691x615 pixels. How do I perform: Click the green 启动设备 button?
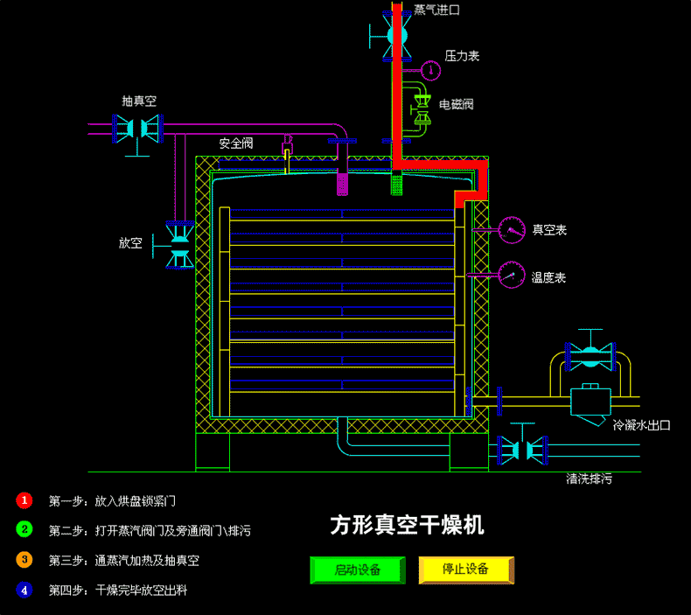[x=358, y=570]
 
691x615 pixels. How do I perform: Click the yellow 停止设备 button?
[x=465, y=570]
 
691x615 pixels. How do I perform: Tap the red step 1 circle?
[x=24, y=500]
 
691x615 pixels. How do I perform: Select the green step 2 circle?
[x=24, y=529]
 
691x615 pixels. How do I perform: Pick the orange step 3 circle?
[x=24, y=559]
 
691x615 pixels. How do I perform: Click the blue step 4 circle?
[x=24, y=590]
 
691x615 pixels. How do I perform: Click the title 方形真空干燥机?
[x=407, y=525]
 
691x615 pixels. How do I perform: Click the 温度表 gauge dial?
[x=509, y=276]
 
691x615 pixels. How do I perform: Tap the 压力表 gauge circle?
[x=431, y=69]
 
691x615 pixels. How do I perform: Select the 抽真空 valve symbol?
[x=138, y=129]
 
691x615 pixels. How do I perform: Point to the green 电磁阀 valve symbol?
[x=423, y=107]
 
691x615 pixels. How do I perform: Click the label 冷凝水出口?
[x=641, y=425]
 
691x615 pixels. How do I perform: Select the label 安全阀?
[x=235, y=143]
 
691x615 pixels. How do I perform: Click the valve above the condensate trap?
[x=590, y=354]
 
